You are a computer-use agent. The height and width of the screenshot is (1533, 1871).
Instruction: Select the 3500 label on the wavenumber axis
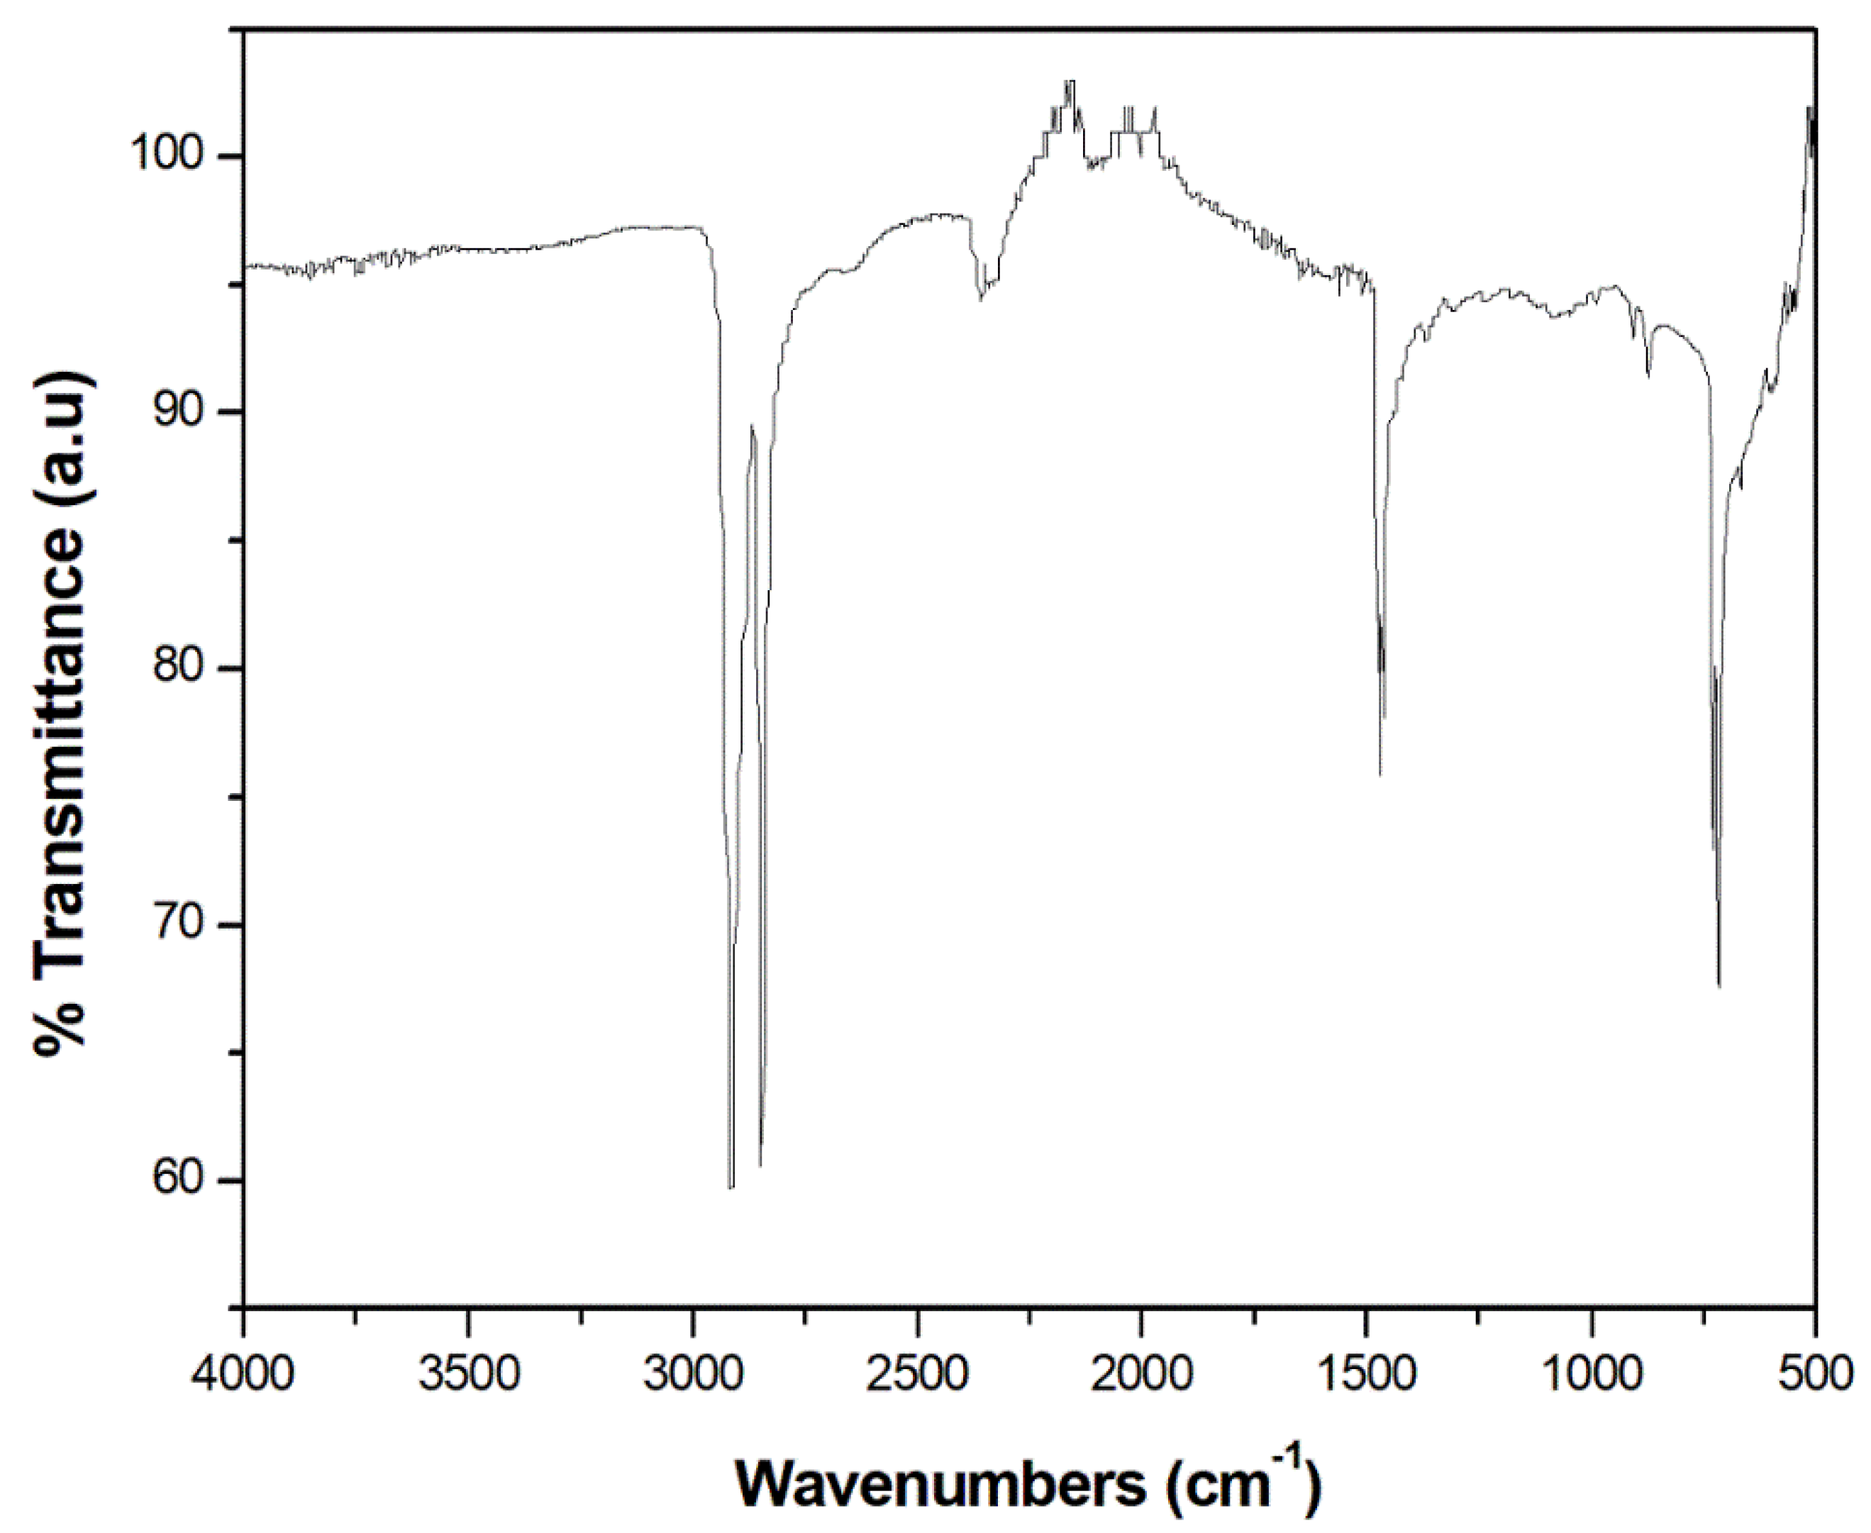468,1376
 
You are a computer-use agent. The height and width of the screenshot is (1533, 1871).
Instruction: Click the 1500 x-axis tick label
1367,1376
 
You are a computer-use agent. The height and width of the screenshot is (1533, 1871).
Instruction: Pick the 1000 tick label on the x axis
1592,1376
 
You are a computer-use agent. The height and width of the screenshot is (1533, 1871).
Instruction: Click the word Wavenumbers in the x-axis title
938,1486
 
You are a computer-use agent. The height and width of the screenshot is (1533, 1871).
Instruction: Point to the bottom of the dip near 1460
1380,775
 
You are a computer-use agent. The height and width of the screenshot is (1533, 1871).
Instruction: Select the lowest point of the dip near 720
1719,985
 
